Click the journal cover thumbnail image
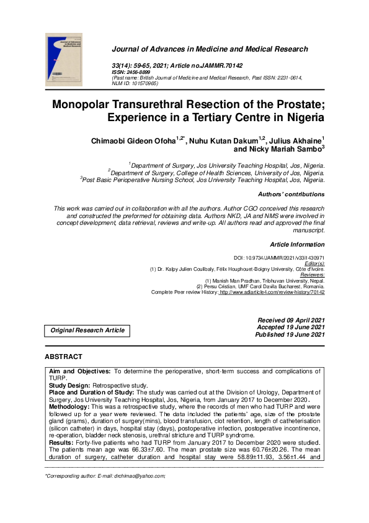point(64,60)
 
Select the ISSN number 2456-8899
point(140,72)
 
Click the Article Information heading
point(297,245)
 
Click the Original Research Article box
point(87,331)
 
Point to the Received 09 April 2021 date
point(291,320)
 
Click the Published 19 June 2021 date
point(290,335)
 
